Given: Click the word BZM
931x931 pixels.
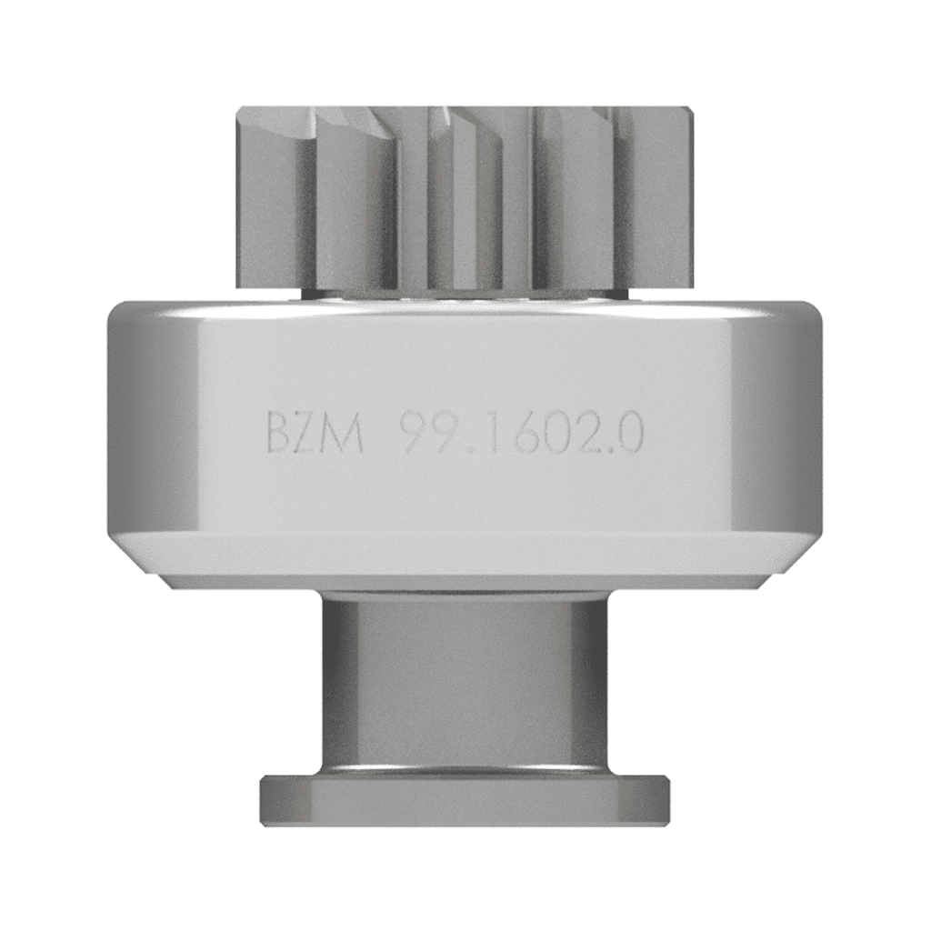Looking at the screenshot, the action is tap(315, 435).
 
